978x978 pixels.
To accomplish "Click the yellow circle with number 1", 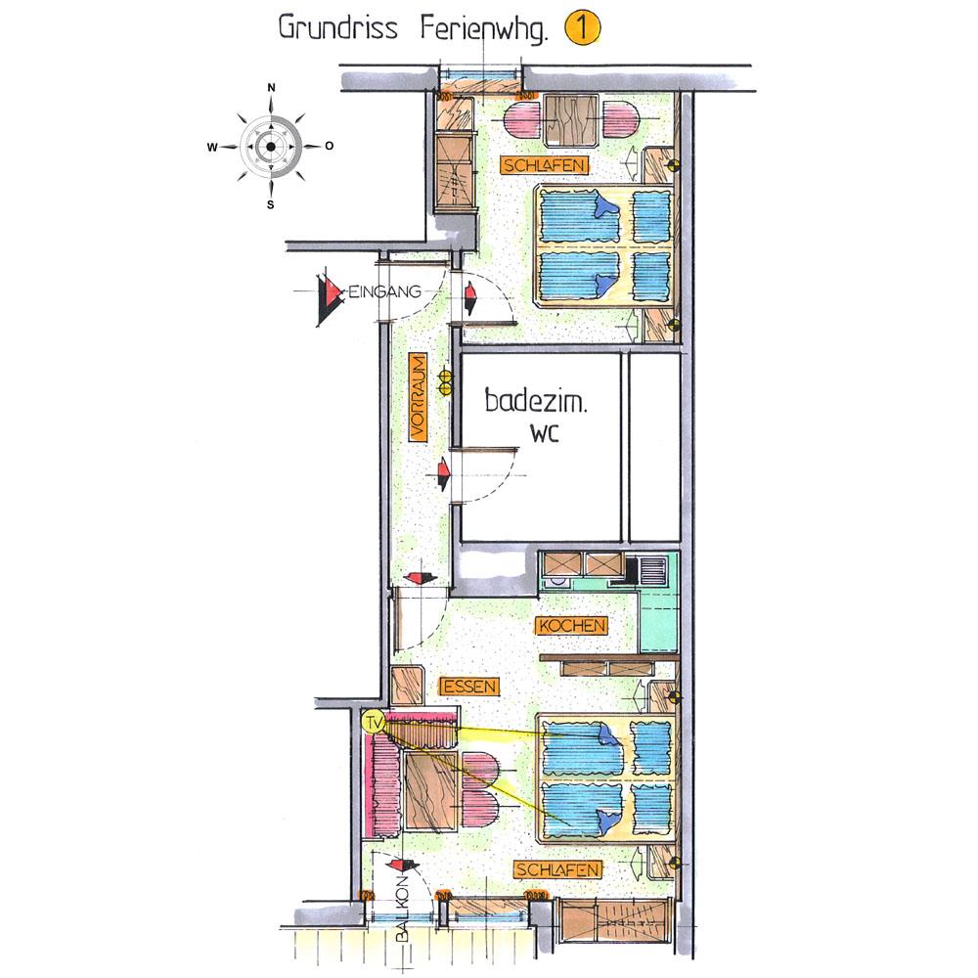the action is tap(582, 28).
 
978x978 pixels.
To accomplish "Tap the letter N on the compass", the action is tap(271, 89).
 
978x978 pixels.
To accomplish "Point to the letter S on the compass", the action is tap(271, 204).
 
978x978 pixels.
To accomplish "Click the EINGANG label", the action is tap(384, 291).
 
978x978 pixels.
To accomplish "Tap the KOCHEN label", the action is tap(572, 626).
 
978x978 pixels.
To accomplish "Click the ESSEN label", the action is tap(470, 687).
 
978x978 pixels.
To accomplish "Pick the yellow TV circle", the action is tap(374, 724).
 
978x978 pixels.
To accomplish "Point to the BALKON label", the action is tap(402, 909).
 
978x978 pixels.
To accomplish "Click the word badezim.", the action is tap(536, 400).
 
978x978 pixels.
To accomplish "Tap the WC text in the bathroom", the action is tap(545, 433).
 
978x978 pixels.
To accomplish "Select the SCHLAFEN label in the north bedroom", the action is tap(545, 165).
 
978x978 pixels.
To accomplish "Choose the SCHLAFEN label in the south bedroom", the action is tap(557, 869).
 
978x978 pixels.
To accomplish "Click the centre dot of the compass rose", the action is tap(271, 148).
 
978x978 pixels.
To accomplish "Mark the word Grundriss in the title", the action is tap(338, 28).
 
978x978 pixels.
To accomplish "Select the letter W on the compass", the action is tap(212, 148).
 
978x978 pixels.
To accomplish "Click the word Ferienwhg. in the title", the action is tap(484, 30).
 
